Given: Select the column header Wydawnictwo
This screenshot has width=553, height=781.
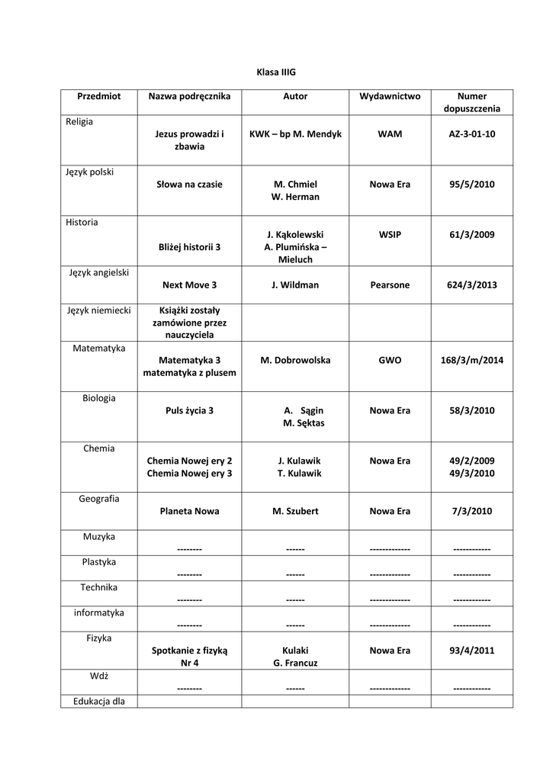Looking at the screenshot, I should click(390, 97).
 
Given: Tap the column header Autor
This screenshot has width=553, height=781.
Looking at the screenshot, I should click(295, 97).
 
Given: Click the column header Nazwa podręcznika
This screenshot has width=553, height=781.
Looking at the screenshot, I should click(189, 97).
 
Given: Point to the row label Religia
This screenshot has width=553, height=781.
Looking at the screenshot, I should click(79, 121).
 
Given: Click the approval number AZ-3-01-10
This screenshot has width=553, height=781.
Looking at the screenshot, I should click(471, 134).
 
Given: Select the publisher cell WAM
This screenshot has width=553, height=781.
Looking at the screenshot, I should click(390, 134).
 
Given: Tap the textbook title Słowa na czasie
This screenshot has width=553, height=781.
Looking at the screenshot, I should click(189, 185).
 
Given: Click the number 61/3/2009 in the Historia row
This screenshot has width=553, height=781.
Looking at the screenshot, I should click(471, 235).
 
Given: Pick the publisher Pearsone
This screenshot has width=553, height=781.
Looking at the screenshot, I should click(390, 285).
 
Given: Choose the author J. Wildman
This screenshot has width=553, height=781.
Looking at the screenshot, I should click(295, 285).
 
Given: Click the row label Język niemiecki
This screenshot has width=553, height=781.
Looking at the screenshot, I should click(99, 310).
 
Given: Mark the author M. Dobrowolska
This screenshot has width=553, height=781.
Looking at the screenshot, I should click(295, 360).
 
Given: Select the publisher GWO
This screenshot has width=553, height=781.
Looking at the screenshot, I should click(390, 360).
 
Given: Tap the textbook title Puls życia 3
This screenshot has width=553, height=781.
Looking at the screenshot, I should click(189, 410).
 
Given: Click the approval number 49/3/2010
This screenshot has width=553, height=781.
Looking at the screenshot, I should click(471, 474).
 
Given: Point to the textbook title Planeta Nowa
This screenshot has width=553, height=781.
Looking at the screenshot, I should click(189, 512).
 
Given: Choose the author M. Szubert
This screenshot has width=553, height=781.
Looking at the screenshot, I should click(295, 512).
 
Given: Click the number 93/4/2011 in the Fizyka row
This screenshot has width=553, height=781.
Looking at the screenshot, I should click(471, 651).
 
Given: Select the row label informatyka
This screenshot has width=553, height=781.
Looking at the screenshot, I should click(99, 612).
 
